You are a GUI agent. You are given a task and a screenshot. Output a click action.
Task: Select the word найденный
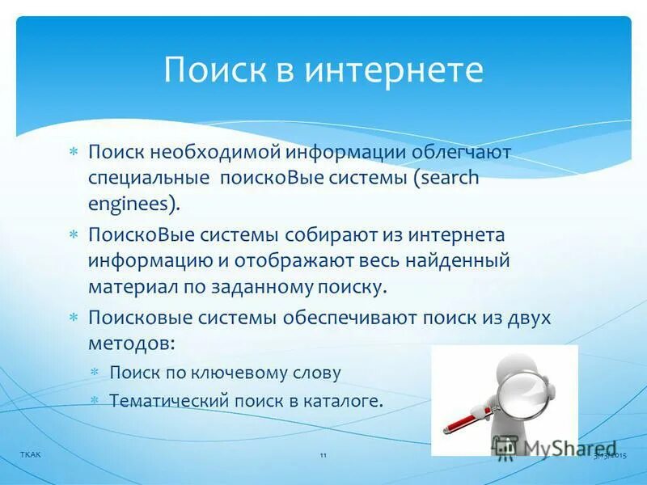click(463, 260)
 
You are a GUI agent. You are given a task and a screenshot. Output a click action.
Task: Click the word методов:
click(132, 343)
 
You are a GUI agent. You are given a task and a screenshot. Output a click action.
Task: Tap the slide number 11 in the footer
click(323, 457)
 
